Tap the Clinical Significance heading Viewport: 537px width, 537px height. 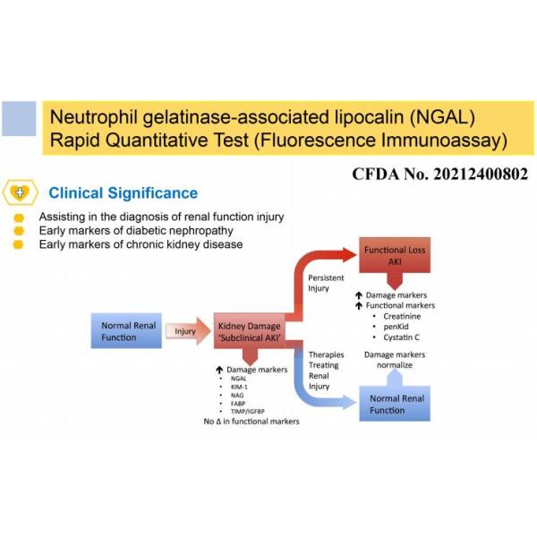coord(124,192)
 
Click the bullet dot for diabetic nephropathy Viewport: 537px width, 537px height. coord(18,231)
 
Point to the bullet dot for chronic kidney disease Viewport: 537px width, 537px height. coord(18,244)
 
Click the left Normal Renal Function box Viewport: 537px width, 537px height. coord(124,331)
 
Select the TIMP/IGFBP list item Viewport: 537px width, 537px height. coord(245,411)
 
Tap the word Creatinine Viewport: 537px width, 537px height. coord(405,317)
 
